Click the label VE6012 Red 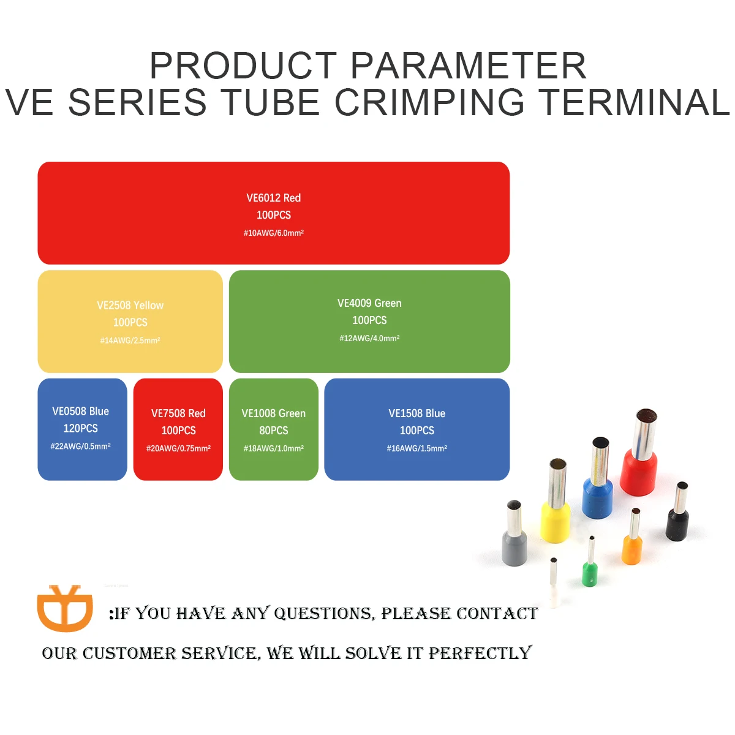pyautogui.click(x=273, y=198)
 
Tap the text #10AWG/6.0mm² pyautogui.click(x=273, y=233)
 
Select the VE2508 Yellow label pyautogui.click(x=130, y=305)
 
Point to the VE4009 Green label pyautogui.click(x=369, y=303)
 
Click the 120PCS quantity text pyautogui.click(x=81, y=428)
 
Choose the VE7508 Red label pyautogui.click(x=178, y=413)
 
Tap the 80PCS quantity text pyautogui.click(x=273, y=431)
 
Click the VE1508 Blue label pyautogui.click(x=417, y=413)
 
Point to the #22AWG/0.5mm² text pyautogui.click(x=81, y=447)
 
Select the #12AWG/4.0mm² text pyautogui.click(x=369, y=338)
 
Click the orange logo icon pyautogui.click(x=65, y=608)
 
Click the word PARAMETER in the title pyautogui.click(x=468, y=66)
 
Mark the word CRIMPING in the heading pyautogui.click(x=429, y=102)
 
